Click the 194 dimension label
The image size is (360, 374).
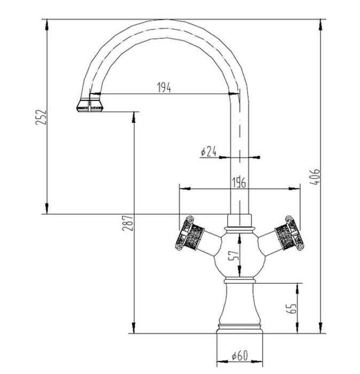pyautogui.click(x=164, y=88)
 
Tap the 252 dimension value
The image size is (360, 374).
pyautogui.click(x=41, y=117)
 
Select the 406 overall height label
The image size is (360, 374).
pyautogui.click(x=315, y=177)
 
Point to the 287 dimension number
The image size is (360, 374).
pyautogui.click(x=127, y=223)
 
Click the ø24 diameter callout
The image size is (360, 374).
pyautogui.click(x=209, y=151)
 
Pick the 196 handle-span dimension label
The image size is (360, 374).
pyautogui.click(x=239, y=183)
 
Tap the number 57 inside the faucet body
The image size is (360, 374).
pyautogui.click(x=233, y=256)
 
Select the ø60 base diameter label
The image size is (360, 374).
pyautogui.click(x=240, y=356)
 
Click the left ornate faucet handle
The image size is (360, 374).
pyautogui.click(x=190, y=233)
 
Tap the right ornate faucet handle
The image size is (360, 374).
pyautogui.click(x=289, y=233)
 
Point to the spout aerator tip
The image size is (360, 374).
pyautogui.click(x=90, y=105)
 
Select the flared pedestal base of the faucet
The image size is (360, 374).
pyautogui.click(x=239, y=308)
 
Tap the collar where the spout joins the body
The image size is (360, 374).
pyautogui.click(x=239, y=221)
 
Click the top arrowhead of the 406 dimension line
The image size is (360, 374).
pyautogui.click(x=321, y=25)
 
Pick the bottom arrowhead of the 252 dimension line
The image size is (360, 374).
pyautogui.click(x=47, y=208)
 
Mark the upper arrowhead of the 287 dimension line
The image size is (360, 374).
pyautogui.click(x=134, y=118)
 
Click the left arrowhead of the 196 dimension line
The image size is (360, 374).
pyautogui.click(x=185, y=189)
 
